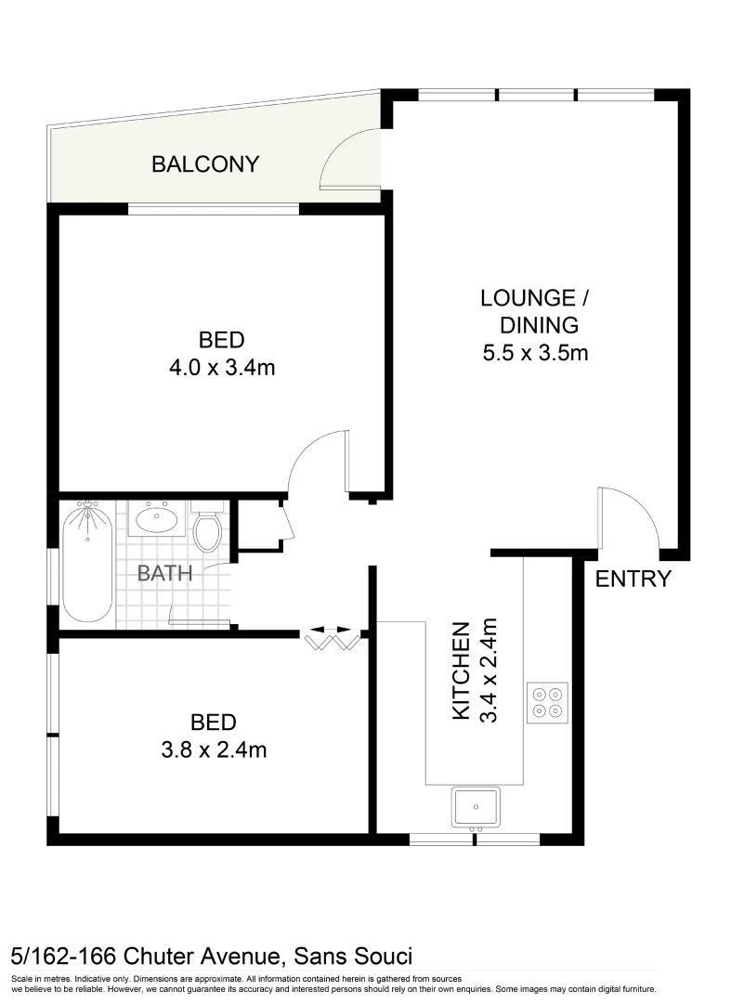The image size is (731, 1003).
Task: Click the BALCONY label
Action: [205, 165]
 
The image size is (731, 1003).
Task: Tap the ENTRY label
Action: [633, 580]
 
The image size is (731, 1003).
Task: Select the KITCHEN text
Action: [460, 671]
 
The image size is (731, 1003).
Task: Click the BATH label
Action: [164, 573]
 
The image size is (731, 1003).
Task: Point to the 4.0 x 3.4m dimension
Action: [222, 368]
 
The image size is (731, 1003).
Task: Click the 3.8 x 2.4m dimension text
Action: [213, 749]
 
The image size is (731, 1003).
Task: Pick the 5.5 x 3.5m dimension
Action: [536, 353]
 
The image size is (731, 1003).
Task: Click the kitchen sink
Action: [476, 806]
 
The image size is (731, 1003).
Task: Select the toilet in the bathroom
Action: [207, 529]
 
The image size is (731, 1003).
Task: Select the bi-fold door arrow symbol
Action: [330, 631]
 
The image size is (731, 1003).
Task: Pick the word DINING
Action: [539, 325]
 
